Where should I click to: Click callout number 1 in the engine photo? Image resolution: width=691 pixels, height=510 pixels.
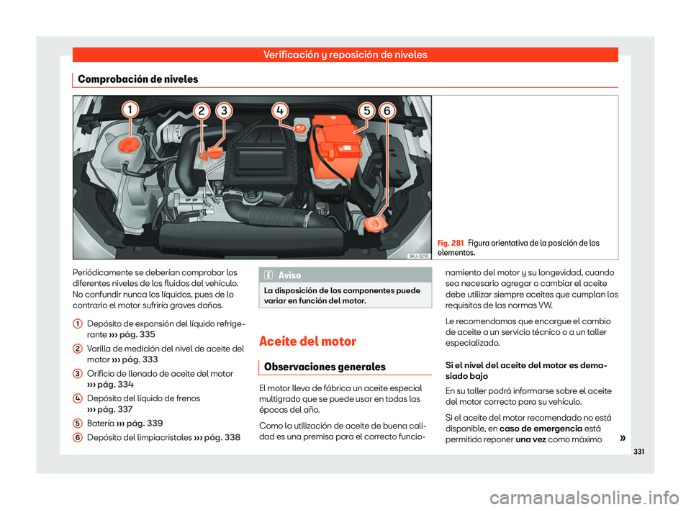click(x=130, y=109)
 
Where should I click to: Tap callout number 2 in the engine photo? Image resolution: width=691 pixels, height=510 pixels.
click(x=203, y=111)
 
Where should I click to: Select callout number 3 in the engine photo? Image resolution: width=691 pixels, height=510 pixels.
click(x=225, y=111)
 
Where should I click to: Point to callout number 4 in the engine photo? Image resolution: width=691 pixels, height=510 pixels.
click(x=281, y=110)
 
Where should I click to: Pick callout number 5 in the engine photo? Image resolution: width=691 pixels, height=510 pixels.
click(x=367, y=111)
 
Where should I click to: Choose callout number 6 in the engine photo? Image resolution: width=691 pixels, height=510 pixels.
click(x=388, y=111)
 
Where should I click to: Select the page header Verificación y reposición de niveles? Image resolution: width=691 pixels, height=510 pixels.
click(x=345, y=55)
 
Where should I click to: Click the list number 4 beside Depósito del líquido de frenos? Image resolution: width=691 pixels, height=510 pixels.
click(x=76, y=398)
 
